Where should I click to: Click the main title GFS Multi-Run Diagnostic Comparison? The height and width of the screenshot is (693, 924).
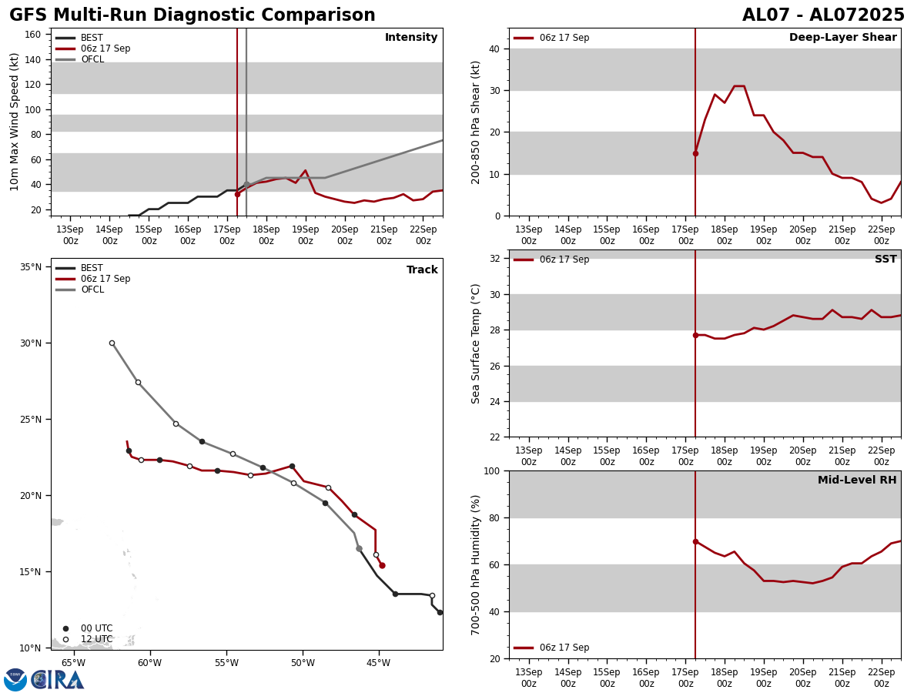pos(192,15)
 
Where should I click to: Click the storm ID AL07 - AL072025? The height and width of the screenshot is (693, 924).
pos(823,15)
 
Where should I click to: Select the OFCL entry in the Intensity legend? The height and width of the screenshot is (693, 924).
pos(92,59)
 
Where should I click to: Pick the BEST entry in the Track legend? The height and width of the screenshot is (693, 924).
pos(92,268)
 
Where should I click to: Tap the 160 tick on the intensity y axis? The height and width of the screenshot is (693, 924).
pos(33,35)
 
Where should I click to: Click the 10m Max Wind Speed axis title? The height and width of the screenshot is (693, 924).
pos(15,122)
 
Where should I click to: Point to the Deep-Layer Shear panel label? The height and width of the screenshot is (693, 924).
pos(842,38)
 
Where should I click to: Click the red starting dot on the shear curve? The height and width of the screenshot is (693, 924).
pos(695,153)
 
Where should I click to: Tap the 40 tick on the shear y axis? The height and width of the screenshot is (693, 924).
pos(494,49)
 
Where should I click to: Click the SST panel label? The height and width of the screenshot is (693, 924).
pos(885,259)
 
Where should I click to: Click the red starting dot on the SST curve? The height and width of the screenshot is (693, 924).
pos(695,335)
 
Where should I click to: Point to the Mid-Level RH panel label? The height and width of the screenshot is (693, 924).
pos(857,480)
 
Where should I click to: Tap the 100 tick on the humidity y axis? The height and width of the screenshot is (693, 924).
pos(490,471)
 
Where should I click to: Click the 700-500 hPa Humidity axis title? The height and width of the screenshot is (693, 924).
pos(477,564)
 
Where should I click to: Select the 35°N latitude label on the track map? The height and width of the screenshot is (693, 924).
pos(31,267)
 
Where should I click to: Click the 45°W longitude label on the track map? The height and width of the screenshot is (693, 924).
pos(378,663)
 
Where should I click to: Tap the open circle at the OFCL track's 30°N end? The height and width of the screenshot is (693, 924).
pos(112,343)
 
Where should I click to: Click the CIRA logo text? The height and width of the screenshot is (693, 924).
pos(58,680)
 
